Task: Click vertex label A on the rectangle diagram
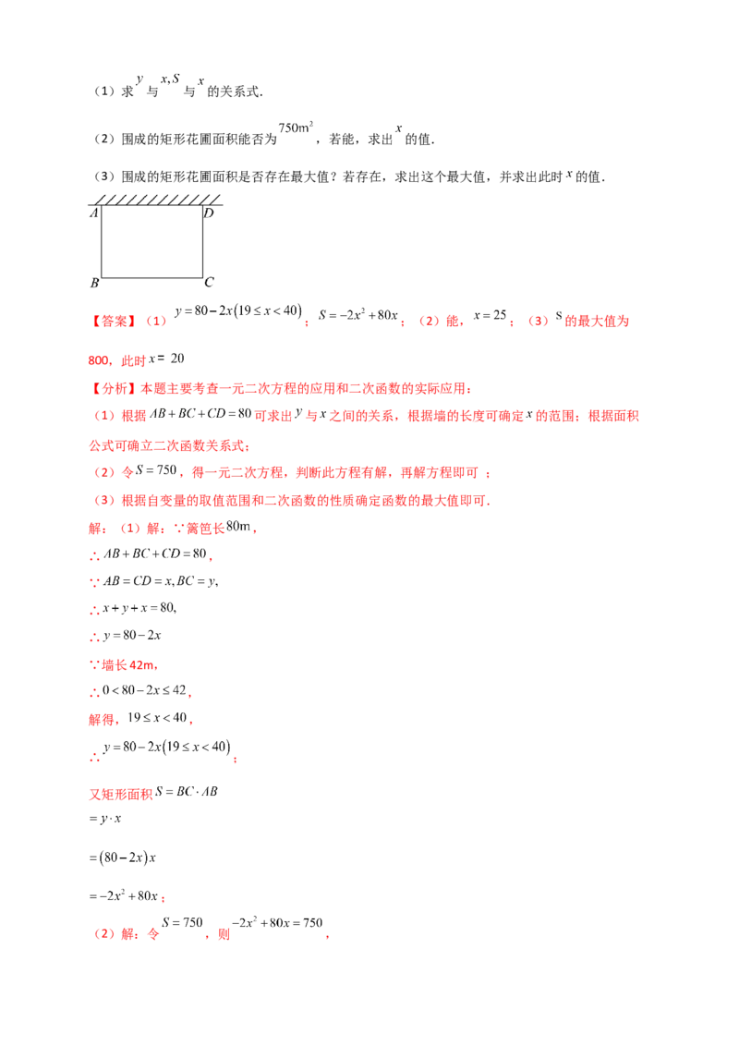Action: (94, 213)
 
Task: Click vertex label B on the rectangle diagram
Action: (95, 283)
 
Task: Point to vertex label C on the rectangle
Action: (209, 282)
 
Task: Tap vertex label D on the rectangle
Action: (209, 213)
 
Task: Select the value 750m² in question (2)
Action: (296, 128)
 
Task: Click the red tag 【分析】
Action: (114, 389)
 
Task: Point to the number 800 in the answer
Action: (99, 360)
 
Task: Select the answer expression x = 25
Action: (491, 315)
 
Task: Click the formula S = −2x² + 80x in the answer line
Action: (358, 315)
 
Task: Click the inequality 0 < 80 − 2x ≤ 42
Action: (144, 689)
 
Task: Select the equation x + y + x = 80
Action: (139, 608)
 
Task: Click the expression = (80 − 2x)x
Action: (122, 857)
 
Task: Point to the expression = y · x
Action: (104, 819)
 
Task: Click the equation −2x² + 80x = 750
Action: (277, 922)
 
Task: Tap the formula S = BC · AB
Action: (187, 792)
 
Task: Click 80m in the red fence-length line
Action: (238, 527)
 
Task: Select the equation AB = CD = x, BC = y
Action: (160, 581)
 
